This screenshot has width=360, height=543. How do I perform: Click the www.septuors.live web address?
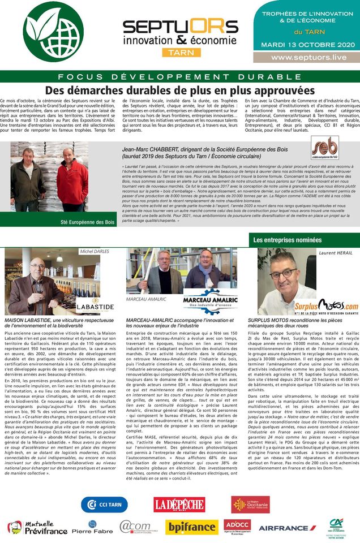(x=308, y=58)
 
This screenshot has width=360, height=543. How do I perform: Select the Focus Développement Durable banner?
(x=180, y=76)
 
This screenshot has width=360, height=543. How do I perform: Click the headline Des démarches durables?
(x=180, y=90)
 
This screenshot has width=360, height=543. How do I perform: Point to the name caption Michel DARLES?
(x=95, y=251)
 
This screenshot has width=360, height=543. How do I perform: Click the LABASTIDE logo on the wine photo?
(x=95, y=307)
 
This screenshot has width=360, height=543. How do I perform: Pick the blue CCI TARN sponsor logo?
(x=104, y=504)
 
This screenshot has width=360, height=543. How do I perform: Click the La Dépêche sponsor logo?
(x=179, y=504)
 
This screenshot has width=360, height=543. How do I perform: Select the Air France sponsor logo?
(x=288, y=527)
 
